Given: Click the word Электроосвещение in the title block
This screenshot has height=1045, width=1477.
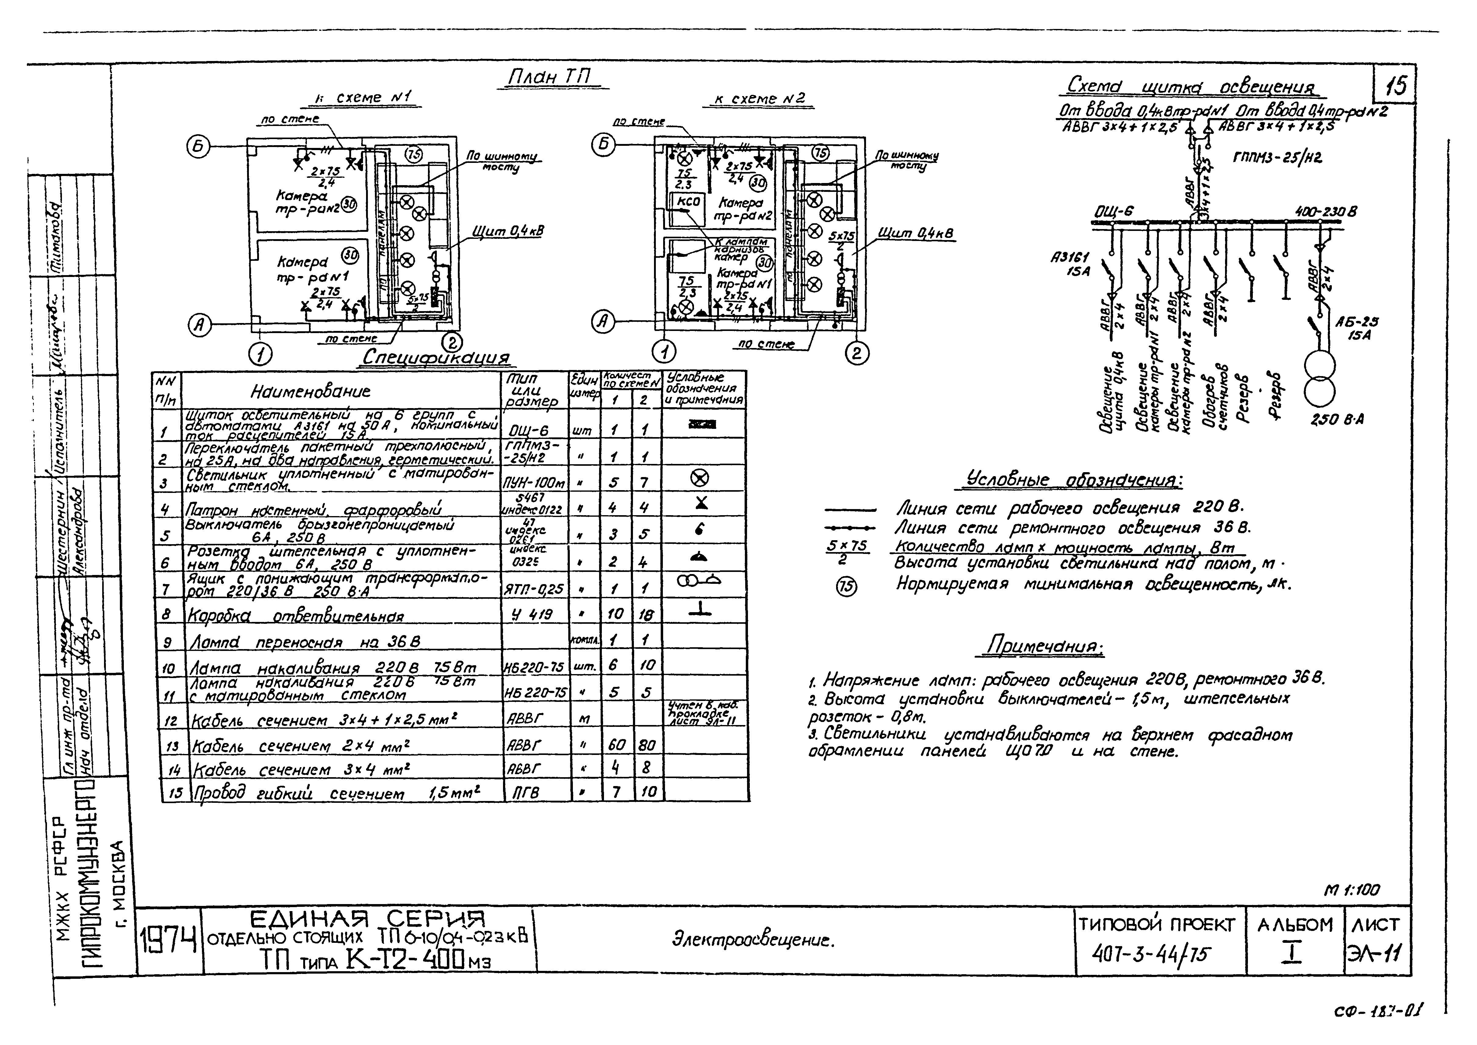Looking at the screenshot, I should point(753,941).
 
